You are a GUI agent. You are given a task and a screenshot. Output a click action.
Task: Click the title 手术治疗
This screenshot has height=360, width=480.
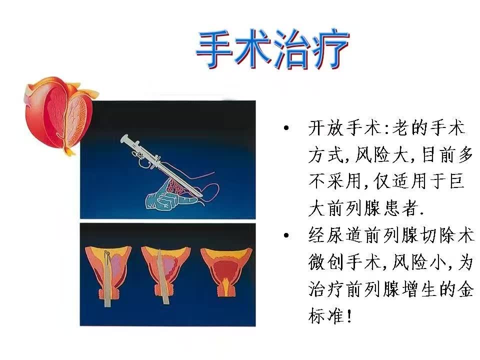[272, 49]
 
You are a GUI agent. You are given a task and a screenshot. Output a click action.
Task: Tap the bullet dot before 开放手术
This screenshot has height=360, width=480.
[286, 127]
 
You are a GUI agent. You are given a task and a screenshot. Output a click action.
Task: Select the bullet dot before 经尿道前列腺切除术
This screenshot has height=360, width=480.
[286, 235]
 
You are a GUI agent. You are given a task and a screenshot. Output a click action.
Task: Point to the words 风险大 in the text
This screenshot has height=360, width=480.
[382, 154]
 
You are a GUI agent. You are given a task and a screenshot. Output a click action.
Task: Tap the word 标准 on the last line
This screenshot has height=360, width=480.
[326, 316]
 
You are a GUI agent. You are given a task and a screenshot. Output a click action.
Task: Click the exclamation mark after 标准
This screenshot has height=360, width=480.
[349, 316]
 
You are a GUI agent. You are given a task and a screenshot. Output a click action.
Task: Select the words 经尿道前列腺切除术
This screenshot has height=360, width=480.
[391, 235]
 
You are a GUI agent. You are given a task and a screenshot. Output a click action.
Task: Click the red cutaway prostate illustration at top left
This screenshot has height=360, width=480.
[59, 115]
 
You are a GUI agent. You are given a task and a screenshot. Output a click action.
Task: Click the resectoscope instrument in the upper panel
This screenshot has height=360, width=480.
[160, 165]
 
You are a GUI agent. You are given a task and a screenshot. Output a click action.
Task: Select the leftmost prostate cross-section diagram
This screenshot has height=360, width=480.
[108, 274]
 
